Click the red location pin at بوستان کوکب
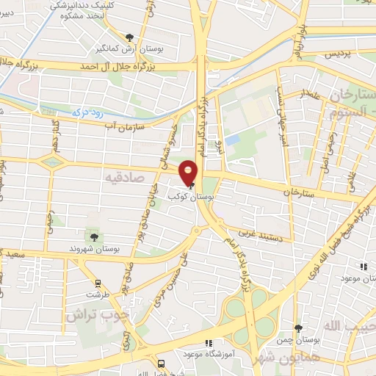[189, 171]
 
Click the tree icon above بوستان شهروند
[94, 236]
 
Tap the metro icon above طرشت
[96, 283]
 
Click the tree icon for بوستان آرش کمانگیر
[130, 38]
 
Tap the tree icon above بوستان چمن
[298, 328]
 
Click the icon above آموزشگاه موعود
[209, 342]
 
